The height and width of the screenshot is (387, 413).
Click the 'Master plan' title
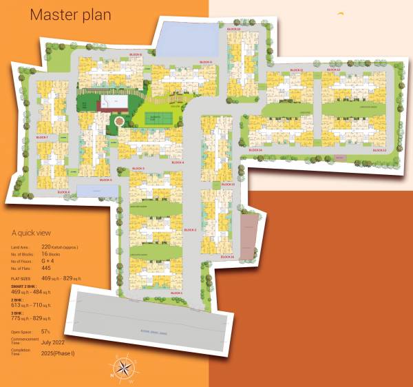(x=70, y=15)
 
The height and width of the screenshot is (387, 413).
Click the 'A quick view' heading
(x=31, y=233)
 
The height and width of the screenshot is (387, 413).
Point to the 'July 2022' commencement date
(x=54, y=342)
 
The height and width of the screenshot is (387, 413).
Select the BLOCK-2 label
(x=191, y=229)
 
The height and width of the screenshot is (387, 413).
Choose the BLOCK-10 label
(x=233, y=29)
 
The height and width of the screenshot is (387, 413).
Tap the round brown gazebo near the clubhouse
(x=120, y=121)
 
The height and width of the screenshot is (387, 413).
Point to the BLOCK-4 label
(x=178, y=163)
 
